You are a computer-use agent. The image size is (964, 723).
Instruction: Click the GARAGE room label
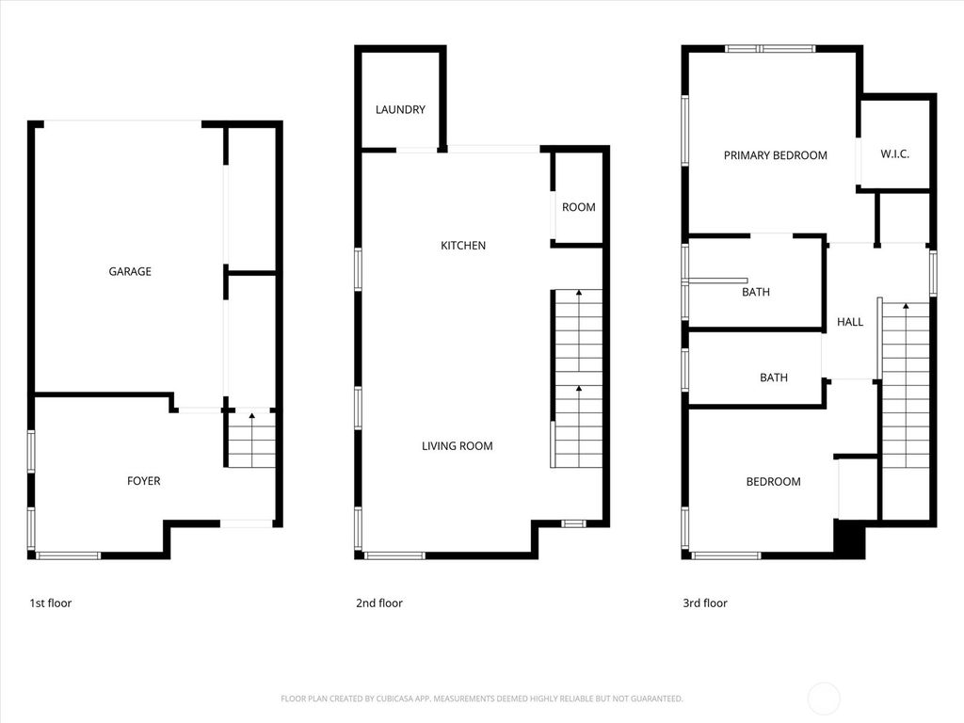[130, 272]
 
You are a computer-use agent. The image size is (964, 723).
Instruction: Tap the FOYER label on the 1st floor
[144, 481]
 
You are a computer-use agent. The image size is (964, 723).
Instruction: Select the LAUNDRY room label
[400, 110]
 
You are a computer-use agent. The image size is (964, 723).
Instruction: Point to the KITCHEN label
[463, 246]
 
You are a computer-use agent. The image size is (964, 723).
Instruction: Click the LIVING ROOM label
[458, 446]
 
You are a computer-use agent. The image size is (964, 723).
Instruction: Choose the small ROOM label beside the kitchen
[578, 208]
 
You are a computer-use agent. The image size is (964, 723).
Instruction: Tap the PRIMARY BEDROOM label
[775, 155]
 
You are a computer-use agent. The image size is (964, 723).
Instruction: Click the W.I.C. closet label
[894, 154]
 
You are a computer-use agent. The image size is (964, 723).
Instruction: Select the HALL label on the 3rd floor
[850, 322]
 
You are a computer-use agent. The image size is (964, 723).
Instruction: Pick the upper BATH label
[756, 293]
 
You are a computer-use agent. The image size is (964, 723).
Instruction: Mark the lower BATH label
[774, 378]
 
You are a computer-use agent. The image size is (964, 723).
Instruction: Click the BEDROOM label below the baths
[773, 482]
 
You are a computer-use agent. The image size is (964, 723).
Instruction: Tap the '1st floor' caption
[50, 603]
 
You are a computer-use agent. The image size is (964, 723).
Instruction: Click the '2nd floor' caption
[378, 603]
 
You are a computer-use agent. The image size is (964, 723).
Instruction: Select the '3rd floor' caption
[705, 603]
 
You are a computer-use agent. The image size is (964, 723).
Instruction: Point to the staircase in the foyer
[251, 440]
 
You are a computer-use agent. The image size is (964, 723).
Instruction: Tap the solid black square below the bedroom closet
[850, 540]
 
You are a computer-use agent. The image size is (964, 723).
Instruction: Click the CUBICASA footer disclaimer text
[482, 699]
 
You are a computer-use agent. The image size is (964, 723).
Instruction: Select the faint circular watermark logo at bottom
[825, 698]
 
